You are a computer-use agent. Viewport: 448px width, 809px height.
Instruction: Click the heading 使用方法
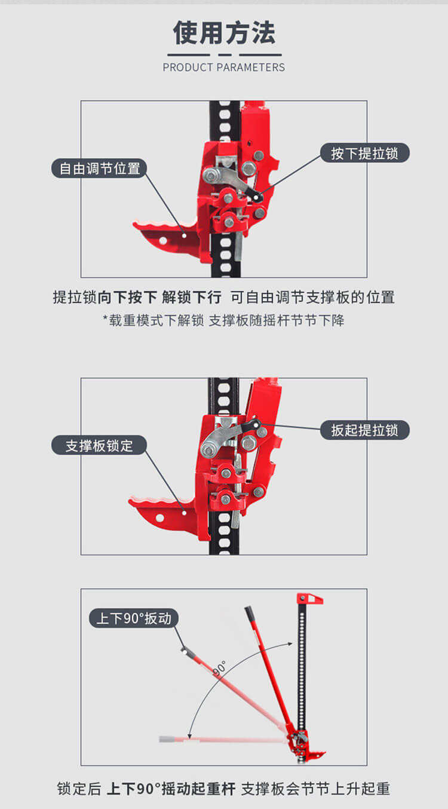(224, 33)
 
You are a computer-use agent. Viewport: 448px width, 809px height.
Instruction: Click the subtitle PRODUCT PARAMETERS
(224, 68)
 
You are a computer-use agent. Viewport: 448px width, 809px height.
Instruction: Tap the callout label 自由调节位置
(99, 168)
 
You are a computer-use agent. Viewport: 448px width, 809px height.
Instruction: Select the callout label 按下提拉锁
(364, 153)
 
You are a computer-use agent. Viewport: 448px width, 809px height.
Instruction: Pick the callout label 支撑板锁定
(99, 445)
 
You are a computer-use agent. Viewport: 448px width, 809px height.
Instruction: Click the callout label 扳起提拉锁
(364, 430)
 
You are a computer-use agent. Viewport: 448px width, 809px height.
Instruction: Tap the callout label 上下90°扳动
(134, 618)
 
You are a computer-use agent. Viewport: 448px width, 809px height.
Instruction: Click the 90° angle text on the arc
(219, 668)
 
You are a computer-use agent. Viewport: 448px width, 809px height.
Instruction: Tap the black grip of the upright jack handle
(250, 614)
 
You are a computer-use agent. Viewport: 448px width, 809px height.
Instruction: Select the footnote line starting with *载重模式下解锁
(224, 320)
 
